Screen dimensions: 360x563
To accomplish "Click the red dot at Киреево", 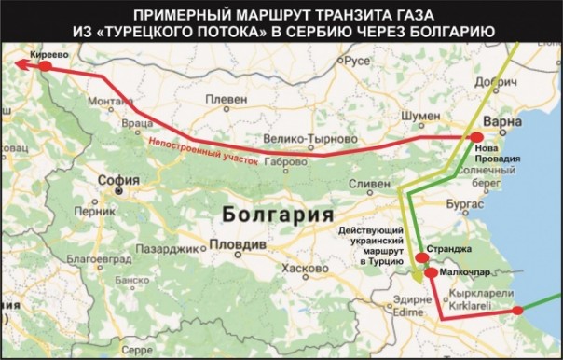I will coord(48,66).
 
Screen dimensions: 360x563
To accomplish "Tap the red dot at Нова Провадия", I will coord(476,137).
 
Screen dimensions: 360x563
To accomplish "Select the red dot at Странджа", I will coord(420,256).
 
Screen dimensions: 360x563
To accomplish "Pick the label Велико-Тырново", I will coord(300,139).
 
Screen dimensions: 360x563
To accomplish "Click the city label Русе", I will coord(358,60).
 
